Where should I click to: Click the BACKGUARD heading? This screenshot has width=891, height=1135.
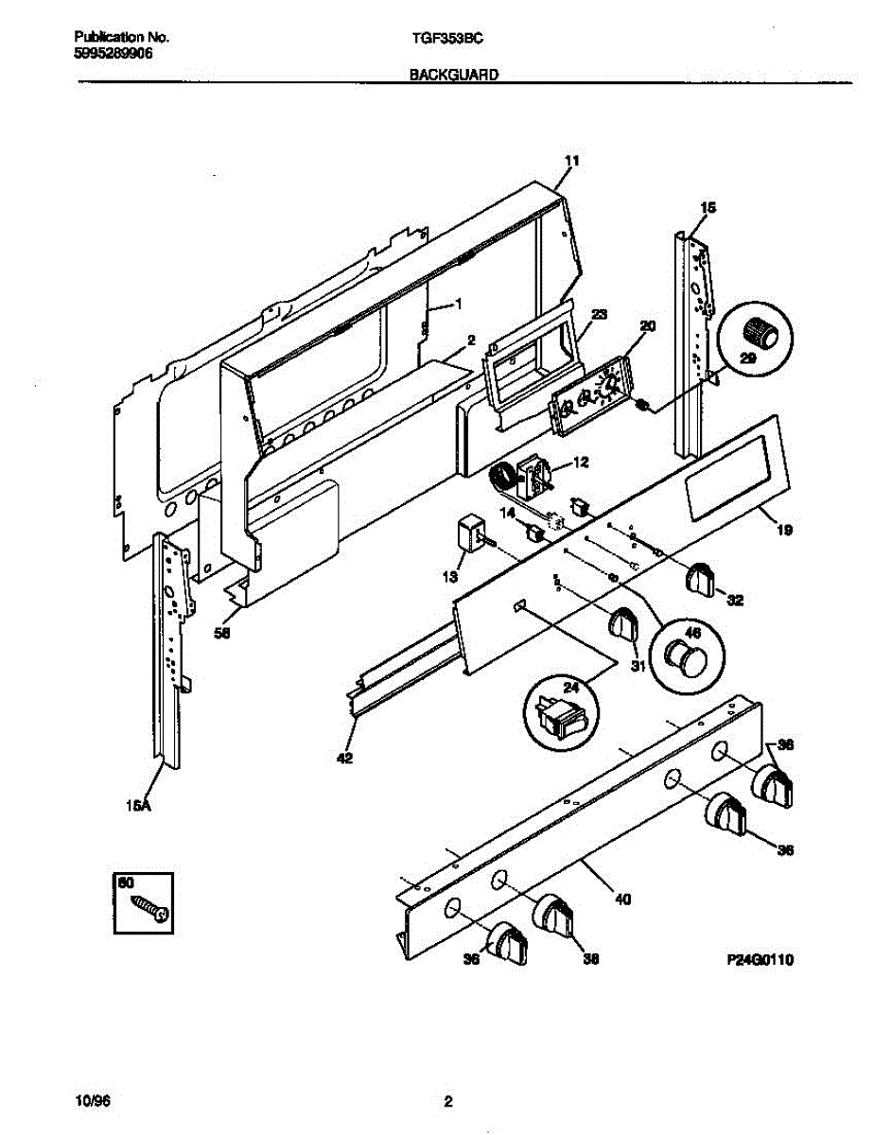coord(454,73)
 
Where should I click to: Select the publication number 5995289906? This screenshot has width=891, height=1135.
coord(114,54)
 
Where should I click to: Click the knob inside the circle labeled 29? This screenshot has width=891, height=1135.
coord(761,332)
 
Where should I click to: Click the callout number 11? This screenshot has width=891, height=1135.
coord(570,162)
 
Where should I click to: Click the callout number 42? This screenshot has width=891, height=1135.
coord(344,758)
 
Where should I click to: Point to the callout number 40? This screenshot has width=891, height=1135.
coord(621,899)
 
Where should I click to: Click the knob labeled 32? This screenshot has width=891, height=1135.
coord(701,578)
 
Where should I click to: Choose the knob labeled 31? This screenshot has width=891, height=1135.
coord(624,625)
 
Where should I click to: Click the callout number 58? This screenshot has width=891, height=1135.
coord(222,634)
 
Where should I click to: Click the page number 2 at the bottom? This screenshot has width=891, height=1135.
coord(448,1101)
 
